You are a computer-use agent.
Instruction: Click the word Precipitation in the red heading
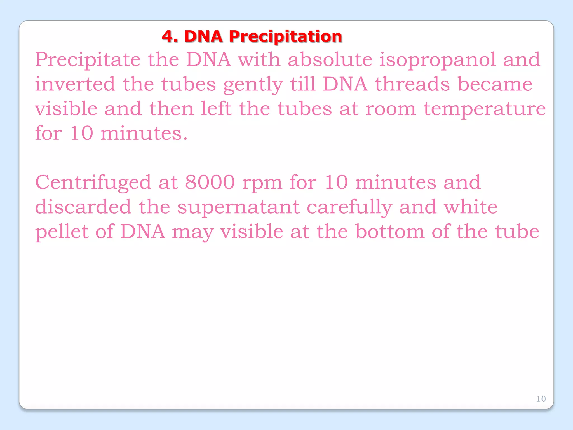[285, 37]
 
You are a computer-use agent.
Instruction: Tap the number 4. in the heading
[170, 37]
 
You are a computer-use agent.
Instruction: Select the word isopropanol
[438, 60]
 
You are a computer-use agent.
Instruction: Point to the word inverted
[75, 84]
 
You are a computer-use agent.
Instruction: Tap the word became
[495, 84]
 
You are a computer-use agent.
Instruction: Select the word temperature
[484, 109]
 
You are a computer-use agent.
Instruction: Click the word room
[391, 109]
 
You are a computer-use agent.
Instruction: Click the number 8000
[210, 183]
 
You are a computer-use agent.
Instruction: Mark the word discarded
[83, 207]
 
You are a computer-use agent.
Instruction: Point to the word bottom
[390, 232]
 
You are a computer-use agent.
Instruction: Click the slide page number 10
[541, 399]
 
